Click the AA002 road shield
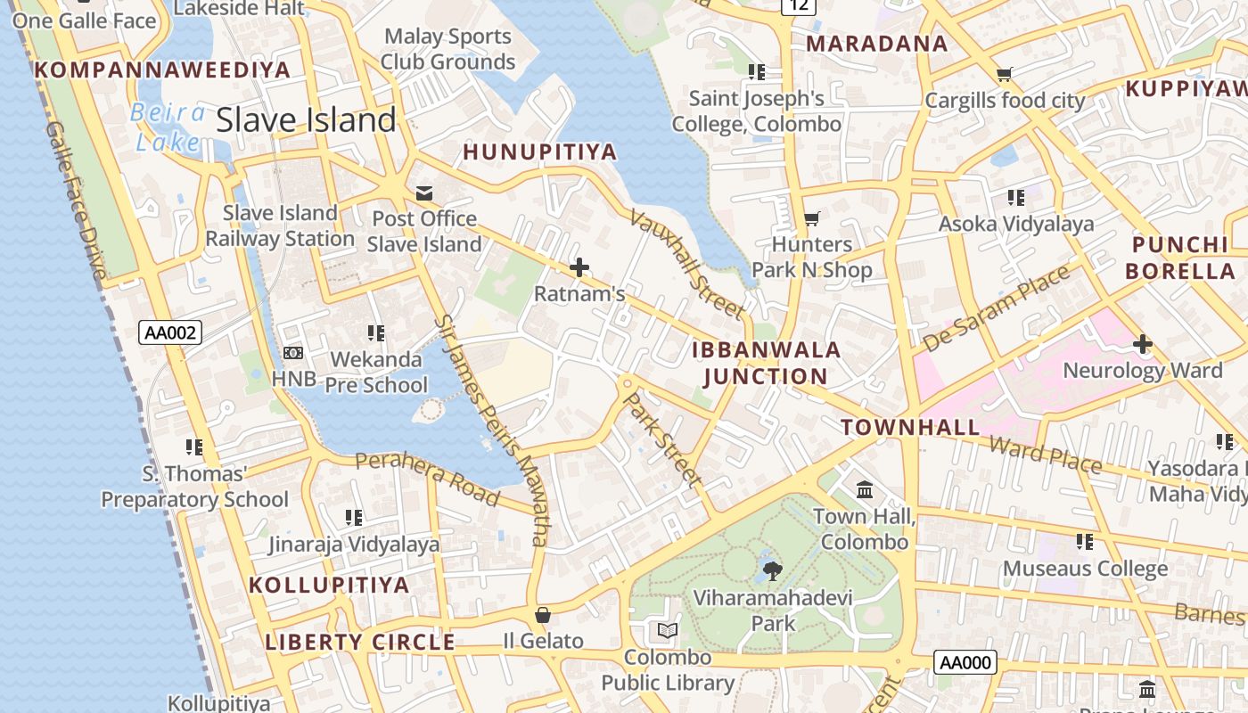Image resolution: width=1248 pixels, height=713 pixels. [x=171, y=333]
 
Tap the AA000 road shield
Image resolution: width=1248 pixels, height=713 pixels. [x=965, y=662]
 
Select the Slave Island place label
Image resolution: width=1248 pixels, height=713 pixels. [x=306, y=119]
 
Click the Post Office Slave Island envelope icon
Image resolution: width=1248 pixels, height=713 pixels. [x=424, y=193]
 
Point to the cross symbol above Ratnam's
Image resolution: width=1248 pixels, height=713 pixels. [x=579, y=266]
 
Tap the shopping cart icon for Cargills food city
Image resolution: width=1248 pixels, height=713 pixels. [x=1005, y=75]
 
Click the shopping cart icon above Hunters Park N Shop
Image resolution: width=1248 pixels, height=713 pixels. [x=811, y=218]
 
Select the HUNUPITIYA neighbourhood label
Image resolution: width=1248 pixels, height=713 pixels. [x=540, y=152]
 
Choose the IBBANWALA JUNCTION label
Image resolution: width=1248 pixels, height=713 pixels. [x=767, y=363]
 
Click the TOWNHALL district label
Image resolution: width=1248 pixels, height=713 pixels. [x=910, y=427]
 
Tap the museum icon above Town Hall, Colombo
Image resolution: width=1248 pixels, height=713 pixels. [x=864, y=490]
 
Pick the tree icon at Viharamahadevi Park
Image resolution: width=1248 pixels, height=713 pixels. [x=772, y=570]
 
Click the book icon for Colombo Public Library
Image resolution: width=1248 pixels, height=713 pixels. [x=668, y=631]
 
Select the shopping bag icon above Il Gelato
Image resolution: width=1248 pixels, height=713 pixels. [x=542, y=615]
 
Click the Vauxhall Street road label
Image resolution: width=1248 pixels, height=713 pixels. [x=686, y=264]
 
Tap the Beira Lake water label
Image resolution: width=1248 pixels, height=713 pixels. [x=168, y=127]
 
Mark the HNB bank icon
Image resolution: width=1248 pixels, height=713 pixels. [x=293, y=353]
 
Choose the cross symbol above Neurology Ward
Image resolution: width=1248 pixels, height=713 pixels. [x=1143, y=344]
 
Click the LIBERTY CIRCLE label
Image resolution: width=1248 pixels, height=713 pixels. [x=360, y=642]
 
